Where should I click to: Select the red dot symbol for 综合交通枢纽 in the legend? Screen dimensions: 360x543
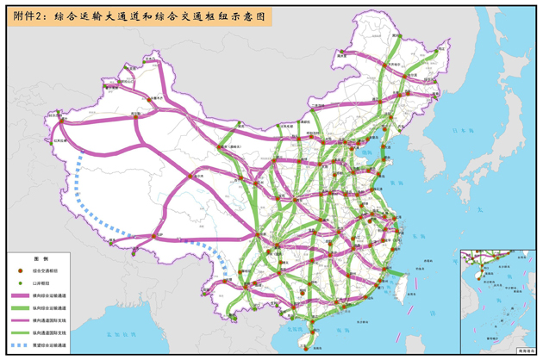(19, 270)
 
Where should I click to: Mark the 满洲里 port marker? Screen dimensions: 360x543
(343, 52)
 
